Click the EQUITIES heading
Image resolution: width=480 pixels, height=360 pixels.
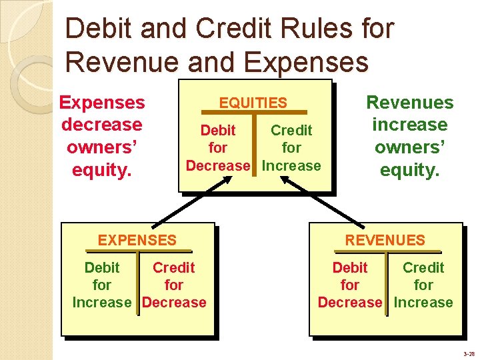pos(253,103)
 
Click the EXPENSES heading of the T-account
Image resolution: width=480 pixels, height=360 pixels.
pos(137,240)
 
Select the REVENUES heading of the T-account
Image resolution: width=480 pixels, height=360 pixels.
pos(385,240)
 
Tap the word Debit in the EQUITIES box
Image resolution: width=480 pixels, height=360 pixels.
pos(218,130)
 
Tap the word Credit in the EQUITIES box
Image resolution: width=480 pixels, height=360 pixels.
pos(291,130)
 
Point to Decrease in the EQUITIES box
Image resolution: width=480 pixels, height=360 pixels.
pos(217,165)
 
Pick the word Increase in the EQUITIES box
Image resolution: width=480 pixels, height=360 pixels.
pos(292,165)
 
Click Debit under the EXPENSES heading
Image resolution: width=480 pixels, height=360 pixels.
pos(102,267)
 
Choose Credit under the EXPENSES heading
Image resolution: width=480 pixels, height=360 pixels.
pos(173,267)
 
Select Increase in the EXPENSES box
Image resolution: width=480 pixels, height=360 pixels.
pos(102,302)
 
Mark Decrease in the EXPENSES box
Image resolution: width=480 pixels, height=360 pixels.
pos(174,302)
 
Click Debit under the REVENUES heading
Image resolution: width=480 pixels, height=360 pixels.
pos(350,267)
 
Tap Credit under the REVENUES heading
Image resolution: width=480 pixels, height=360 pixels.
pos(423,267)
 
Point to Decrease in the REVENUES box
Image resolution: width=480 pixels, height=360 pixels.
pos(350,302)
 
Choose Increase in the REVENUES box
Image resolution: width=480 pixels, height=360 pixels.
pos(423,302)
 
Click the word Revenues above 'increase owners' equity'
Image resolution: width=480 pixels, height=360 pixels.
pos(410,102)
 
